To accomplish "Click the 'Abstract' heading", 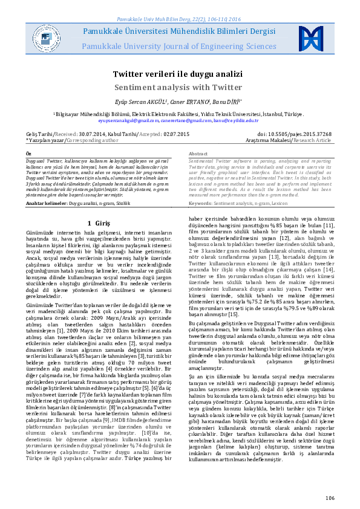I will (198, 155).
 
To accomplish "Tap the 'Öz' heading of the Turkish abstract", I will (29, 155).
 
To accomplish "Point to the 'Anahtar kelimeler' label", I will (46, 204).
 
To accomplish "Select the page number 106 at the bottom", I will (329, 498).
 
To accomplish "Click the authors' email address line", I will (179, 120).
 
